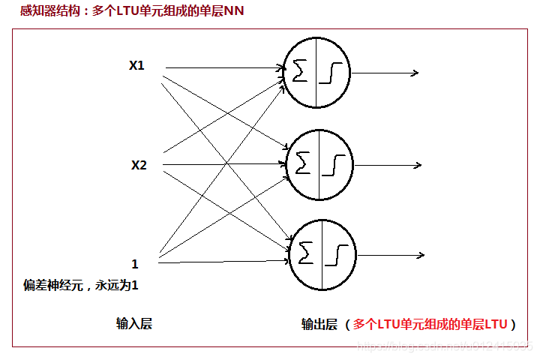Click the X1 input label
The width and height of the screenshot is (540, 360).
136,66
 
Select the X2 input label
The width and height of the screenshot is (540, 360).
139,165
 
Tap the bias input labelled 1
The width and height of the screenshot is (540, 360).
135,264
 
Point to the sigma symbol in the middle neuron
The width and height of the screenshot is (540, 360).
304,163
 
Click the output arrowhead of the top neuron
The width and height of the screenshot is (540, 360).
414,73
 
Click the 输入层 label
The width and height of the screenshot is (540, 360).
134,323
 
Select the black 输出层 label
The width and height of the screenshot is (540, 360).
319,324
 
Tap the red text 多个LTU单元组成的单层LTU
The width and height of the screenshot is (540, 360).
430,324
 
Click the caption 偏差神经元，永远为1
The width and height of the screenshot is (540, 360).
81,286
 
